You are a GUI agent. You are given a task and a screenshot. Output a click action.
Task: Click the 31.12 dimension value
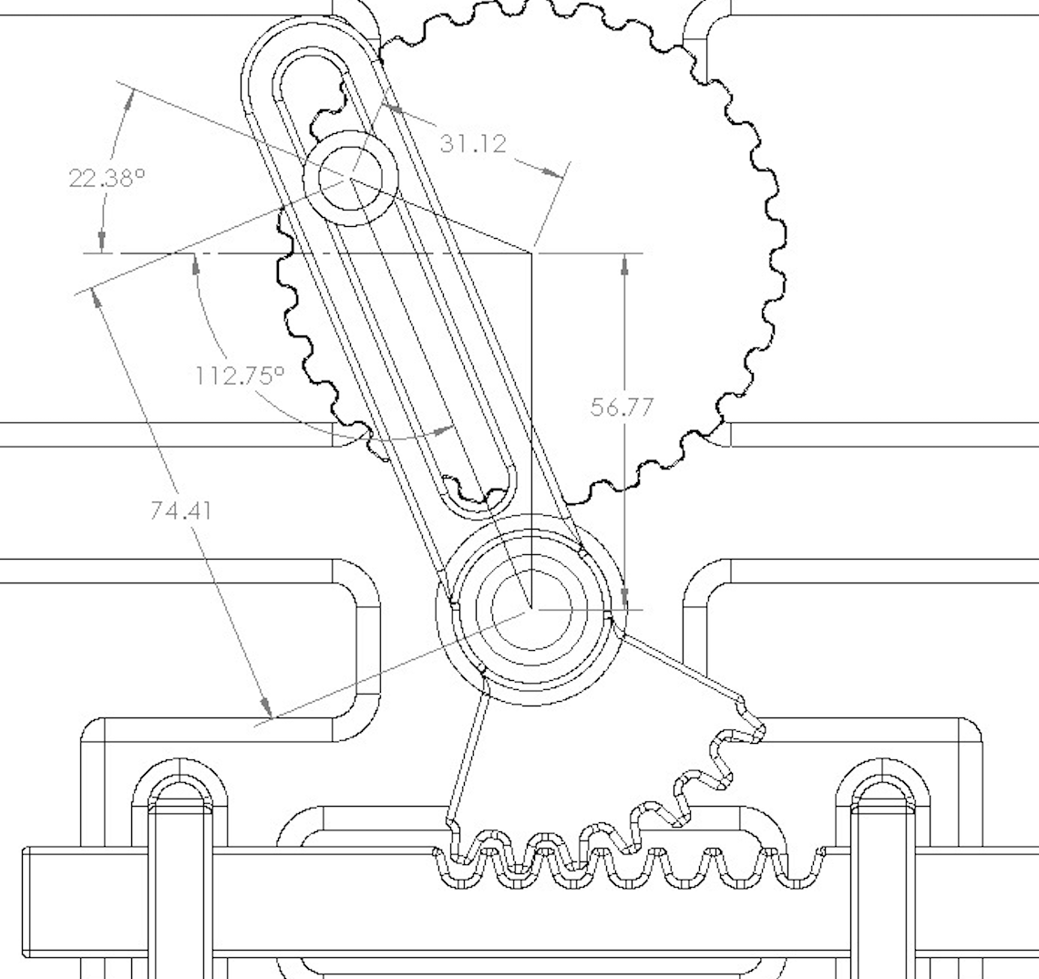(x=473, y=143)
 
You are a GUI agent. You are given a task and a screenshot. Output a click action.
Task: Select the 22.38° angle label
(x=107, y=177)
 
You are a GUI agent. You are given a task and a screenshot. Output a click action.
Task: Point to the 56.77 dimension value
(x=622, y=407)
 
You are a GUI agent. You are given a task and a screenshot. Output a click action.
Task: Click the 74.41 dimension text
(x=180, y=510)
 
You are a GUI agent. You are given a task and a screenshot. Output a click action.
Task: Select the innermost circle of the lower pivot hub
(x=530, y=608)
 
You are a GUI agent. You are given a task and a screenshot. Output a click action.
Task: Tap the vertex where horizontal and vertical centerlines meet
(x=531, y=252)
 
